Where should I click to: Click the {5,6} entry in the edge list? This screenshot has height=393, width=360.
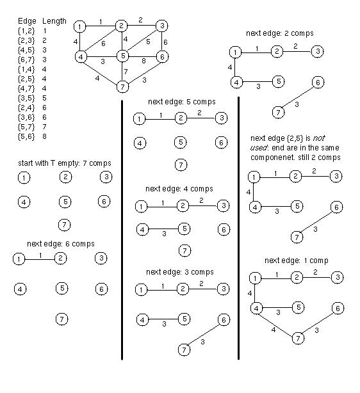[x=26, y=136]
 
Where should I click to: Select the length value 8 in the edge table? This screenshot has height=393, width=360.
[x=44, y=136]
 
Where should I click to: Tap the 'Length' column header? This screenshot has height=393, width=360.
[x=54, y=21]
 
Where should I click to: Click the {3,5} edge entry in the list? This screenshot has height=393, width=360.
[x=26, y=98]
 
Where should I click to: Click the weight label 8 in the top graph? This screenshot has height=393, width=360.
[x=143, y=61]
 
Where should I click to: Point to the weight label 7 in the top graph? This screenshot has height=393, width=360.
[x=126, y=72]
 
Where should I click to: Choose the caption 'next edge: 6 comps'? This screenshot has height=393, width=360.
[x=61, y=244]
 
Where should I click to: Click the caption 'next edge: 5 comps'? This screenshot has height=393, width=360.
[x=182, y=102]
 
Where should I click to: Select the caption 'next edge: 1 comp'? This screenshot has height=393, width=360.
[x=297, y=261]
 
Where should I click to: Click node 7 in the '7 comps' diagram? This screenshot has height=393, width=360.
[x=65, y=225]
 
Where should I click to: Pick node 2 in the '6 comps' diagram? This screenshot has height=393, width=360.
[x=60, y=258]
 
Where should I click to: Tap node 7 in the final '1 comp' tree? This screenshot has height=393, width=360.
[x=298, y=339]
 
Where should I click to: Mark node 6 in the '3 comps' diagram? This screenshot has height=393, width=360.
[x=224, y=320]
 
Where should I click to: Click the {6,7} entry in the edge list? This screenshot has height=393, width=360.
[x=26, y=60]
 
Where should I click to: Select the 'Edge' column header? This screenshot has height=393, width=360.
[x=27, y=21]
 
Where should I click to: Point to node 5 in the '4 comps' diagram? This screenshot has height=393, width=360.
[x=184, y=229]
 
